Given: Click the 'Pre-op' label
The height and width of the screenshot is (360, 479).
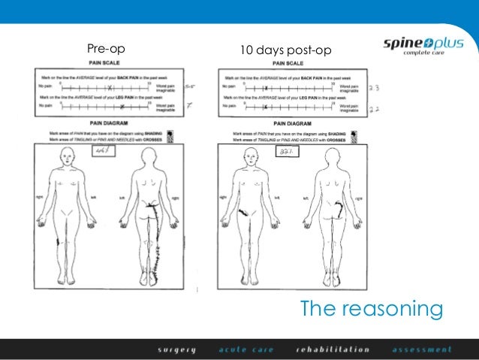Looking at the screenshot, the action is pyautogui.click(x=105, y=51).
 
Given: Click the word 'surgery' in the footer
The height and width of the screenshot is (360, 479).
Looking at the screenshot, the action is pyautogui.click(x=176, y=349).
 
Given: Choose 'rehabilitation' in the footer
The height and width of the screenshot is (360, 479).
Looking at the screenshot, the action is pyautogui.click(x=333, y=349).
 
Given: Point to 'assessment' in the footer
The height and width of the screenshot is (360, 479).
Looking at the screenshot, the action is pyautogui.click(x=422, y=349).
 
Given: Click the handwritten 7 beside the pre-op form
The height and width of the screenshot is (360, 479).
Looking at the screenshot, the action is pyautogui.click(x=189, y=106).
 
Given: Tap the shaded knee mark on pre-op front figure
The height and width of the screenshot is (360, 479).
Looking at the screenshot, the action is pyautogui.click(x=60, y=242).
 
